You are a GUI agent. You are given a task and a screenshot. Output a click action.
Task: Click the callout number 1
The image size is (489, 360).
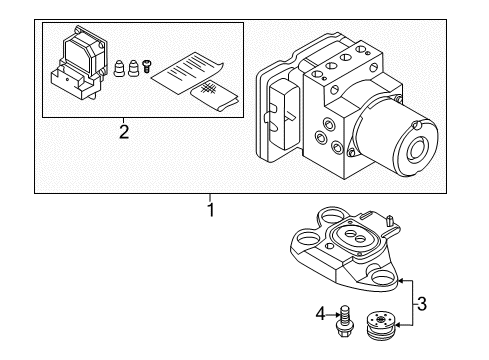tap(211, 210)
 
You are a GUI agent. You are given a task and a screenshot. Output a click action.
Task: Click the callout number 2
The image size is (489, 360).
tap(124, 132)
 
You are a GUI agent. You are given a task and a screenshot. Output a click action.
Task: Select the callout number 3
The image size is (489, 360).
tap(422, 304)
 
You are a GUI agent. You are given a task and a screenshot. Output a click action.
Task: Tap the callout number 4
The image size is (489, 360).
tap(320, 314)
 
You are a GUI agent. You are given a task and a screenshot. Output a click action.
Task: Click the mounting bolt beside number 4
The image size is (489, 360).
tap(343, 321)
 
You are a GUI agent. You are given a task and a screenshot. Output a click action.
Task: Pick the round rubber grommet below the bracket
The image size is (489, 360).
tap(380, 325)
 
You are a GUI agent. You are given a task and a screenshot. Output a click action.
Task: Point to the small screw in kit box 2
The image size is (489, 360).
tap(146, 66)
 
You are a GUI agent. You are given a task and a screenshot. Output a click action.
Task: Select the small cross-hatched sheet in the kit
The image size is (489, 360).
tap(214, 96)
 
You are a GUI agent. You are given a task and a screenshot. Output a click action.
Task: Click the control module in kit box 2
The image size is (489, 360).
tap(79, 62)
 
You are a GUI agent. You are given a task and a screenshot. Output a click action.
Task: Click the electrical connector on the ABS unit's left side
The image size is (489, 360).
tap(282, 114)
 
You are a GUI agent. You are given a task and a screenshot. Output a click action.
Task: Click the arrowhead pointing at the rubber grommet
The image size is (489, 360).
tap(398, 325)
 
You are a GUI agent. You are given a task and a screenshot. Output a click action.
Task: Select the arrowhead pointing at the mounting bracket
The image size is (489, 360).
tap(402, 281)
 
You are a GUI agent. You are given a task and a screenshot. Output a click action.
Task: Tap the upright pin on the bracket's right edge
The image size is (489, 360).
tap(389, 222)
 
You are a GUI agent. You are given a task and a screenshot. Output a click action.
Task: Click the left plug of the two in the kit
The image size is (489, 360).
tap(119, 68)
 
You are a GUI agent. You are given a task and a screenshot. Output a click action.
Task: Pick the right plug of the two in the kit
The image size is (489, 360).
tap(133, 68)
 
